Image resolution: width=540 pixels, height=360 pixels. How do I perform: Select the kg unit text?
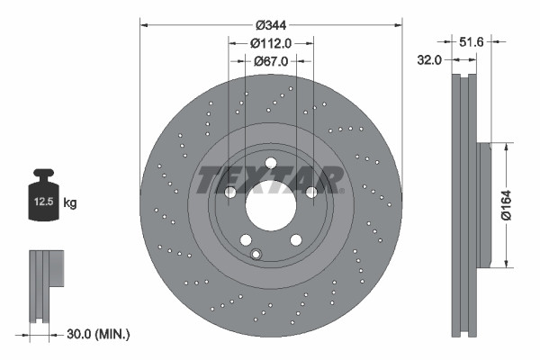71,203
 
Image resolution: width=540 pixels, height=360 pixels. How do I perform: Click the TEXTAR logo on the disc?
270,180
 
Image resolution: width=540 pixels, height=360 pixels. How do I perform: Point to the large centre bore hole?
270,211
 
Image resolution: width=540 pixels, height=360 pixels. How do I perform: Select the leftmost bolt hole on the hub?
229,193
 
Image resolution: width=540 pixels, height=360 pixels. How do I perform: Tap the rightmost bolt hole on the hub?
311,193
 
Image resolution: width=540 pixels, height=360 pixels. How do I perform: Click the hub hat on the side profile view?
483,204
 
